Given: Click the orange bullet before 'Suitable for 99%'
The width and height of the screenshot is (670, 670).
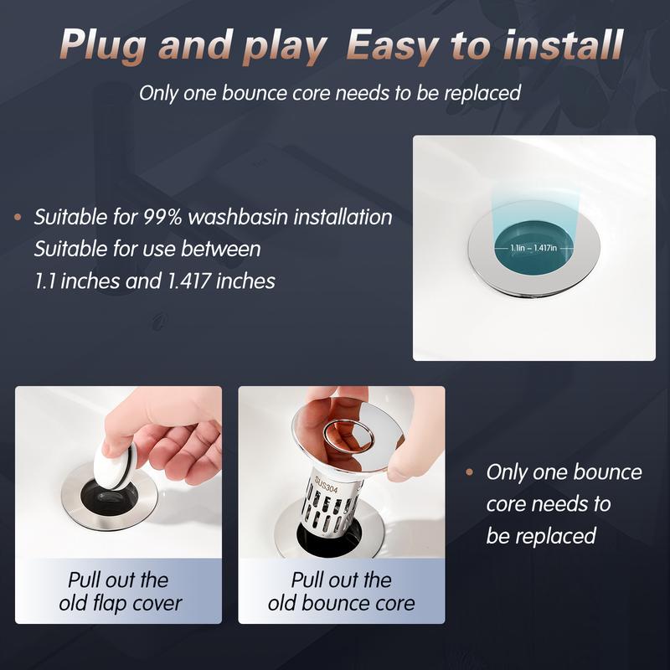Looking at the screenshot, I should (18, 218).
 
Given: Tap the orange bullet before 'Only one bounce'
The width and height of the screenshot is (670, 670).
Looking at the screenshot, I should (470, 472).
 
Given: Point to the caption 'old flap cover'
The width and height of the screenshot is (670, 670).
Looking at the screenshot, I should (118, 602).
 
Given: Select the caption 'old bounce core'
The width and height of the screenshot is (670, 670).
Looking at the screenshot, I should (341, 602).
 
